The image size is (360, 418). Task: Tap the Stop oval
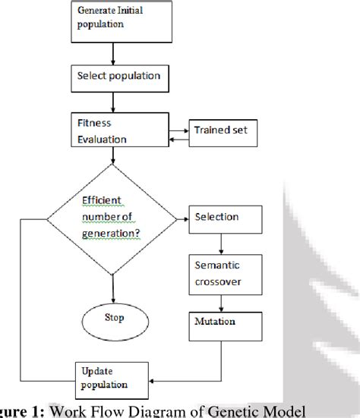coord(113,316)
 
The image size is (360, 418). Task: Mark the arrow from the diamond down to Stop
coord(113,284)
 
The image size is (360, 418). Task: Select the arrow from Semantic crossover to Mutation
coord(222,300)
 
